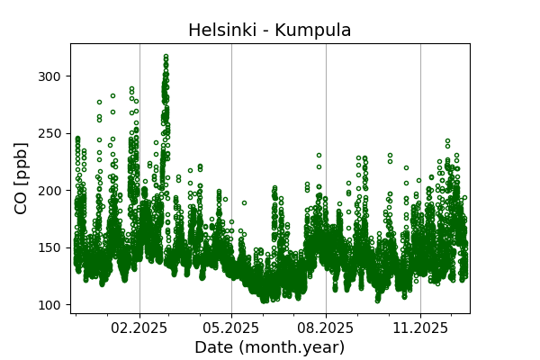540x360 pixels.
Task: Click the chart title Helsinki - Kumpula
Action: pos(269,31)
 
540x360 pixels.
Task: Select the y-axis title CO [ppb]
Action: pos(22,178)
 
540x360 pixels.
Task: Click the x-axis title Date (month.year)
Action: pos(269,347)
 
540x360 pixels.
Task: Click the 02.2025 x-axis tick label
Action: pos(139,328)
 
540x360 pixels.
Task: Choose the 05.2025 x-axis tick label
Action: pos(231,328)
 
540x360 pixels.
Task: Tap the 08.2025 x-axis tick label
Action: pos(326,328)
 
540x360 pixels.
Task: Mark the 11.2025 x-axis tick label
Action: pos(420,328)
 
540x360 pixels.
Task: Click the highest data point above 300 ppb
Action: pos(166,56)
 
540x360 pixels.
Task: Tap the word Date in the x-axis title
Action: pos(211,347)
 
